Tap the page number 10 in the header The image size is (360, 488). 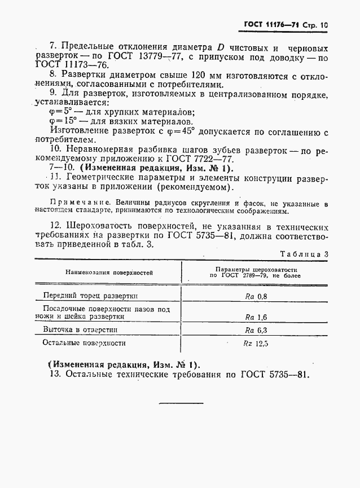(323, 25)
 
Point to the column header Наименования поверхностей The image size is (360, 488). (109, 273)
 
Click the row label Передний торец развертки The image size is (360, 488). (91, 295)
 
